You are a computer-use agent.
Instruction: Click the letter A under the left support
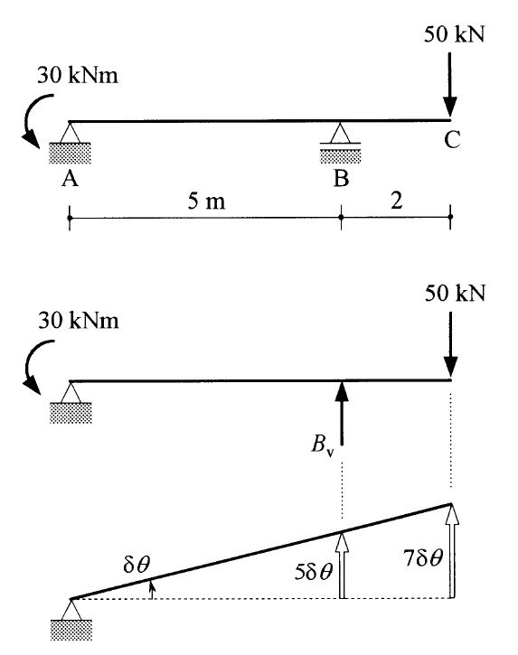[x=70, y=179]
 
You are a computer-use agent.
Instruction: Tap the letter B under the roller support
[x=341, y=178]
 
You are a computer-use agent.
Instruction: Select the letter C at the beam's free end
[x=452, y=140]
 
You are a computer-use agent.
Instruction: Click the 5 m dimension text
[x=206, y=201]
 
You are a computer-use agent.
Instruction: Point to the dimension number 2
[x=397, y=201]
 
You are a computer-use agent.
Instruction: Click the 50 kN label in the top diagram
[x=455, y=34]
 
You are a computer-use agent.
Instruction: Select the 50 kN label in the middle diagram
[x=456, y=294]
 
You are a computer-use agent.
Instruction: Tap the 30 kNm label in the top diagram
[x=78, y=76]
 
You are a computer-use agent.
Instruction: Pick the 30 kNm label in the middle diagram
[x=79, y=321]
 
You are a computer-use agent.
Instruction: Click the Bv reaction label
[x=323, y=444]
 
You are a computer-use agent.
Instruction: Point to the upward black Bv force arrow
[x=342, y=414]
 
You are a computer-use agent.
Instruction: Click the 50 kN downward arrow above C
[x=450, y=84]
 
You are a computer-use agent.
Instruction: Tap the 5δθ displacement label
[x=313, y=572]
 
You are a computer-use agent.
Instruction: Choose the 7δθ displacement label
[x=423, y=557]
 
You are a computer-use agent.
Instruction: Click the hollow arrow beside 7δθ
[x=451, y=551]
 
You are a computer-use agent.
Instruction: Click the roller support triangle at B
[x=340, y=133]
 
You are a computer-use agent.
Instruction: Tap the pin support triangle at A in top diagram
[x=70, y=133]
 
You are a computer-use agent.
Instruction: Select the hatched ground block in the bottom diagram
[x=71, y=630]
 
